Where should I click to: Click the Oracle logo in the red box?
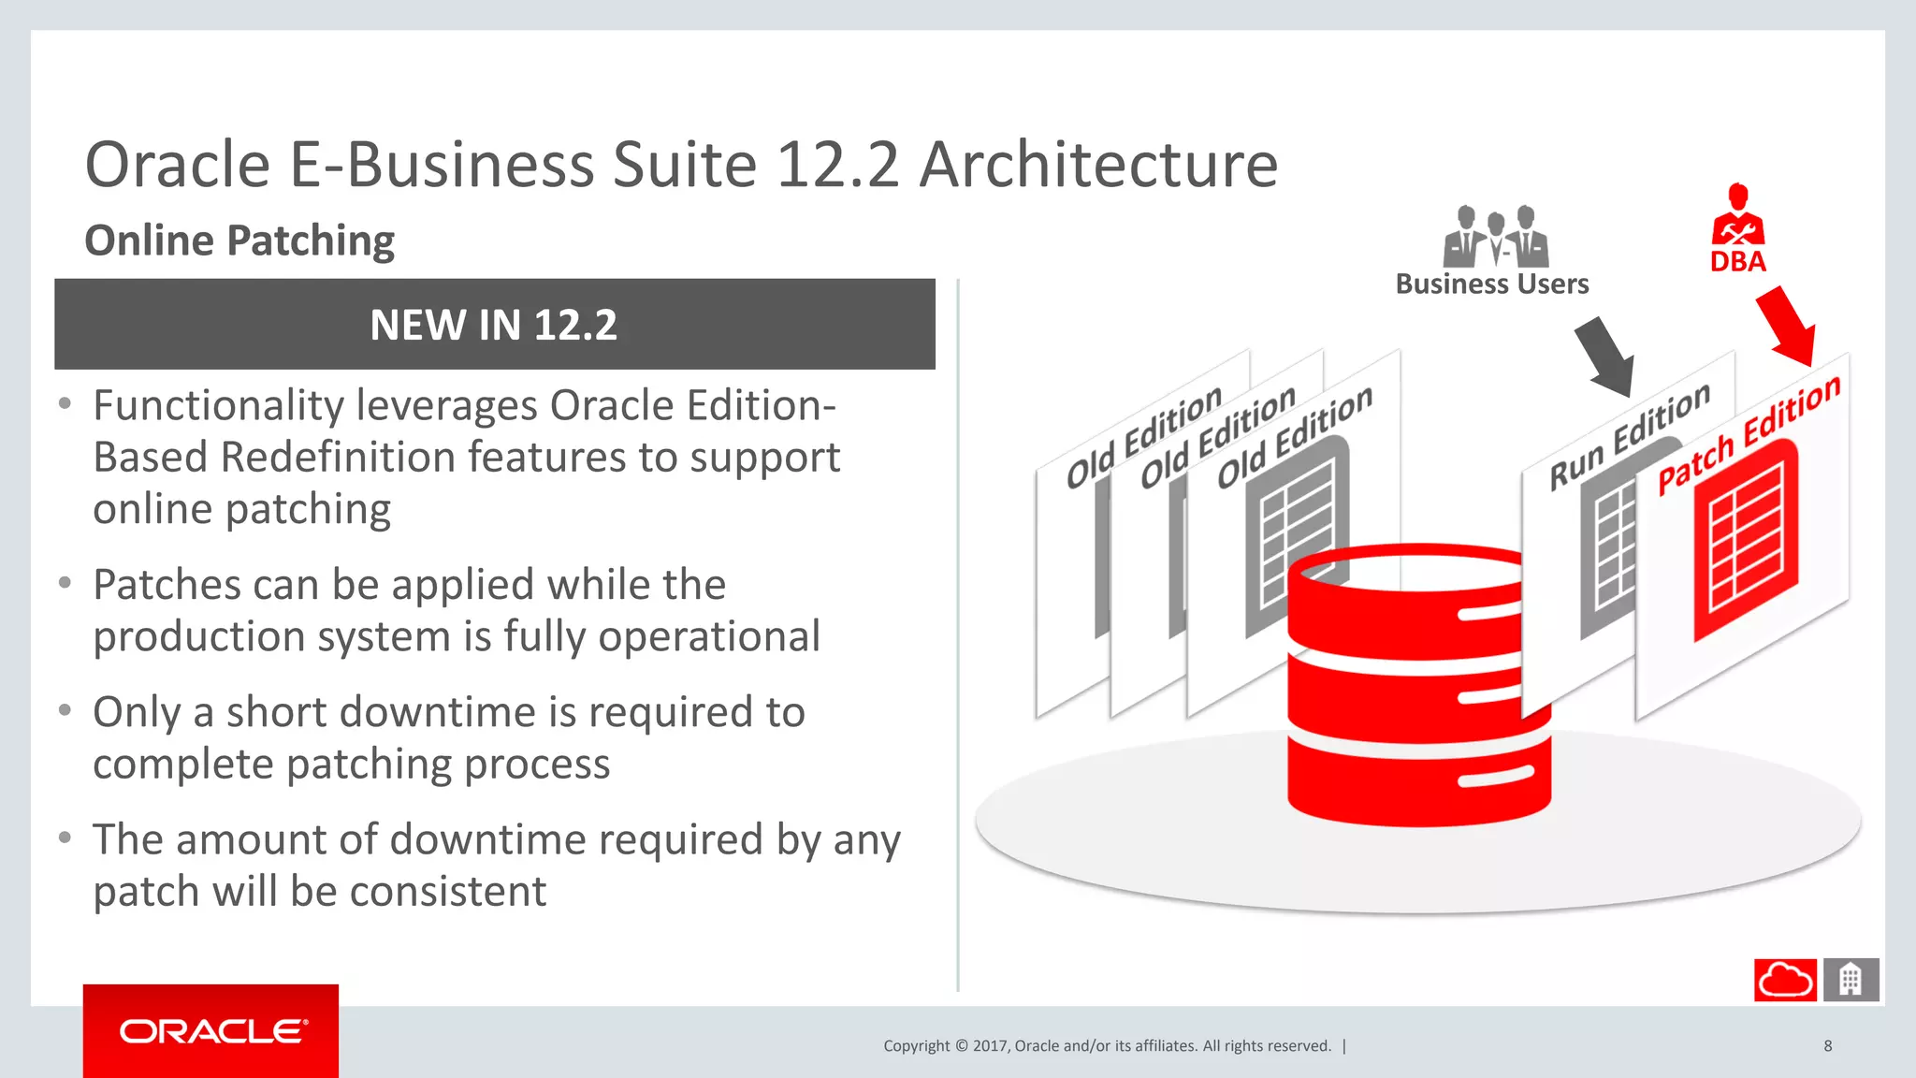[x=212, y=1031]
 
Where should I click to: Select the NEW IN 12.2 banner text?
[x=493, y=326]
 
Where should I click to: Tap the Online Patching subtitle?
[x=239, y=240]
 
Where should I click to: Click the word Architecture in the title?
[x=1098, y=165]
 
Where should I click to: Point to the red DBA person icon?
[x=1737, y=216]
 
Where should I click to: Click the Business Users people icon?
[x=1495, y=237]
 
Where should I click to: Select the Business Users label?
[x=1491, y=284]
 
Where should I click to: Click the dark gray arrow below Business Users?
[x=1605, y=357]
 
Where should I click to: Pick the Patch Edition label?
[x=1748, y=435]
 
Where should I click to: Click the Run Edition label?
[x=1629, y=437]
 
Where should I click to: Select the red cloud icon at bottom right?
[x=1784, y=980]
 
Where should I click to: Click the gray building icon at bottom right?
[x=1850, y=980]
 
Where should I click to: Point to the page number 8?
[x=1827, y=1045]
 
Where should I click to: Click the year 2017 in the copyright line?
[x=990, y=1045]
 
